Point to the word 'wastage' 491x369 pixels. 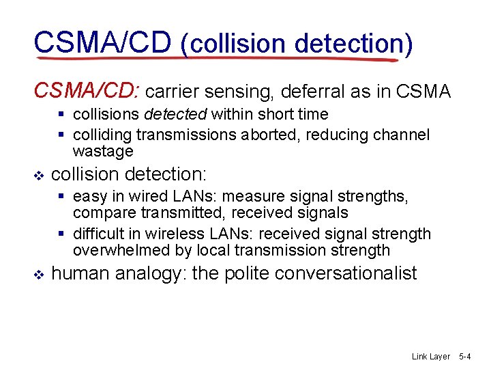pos(103,151)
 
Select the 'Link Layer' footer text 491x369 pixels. pos(431,357)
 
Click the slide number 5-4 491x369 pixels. pos(466,357)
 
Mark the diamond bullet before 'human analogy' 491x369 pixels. pos(38,275)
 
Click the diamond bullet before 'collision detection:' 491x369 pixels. pos(38,175)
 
